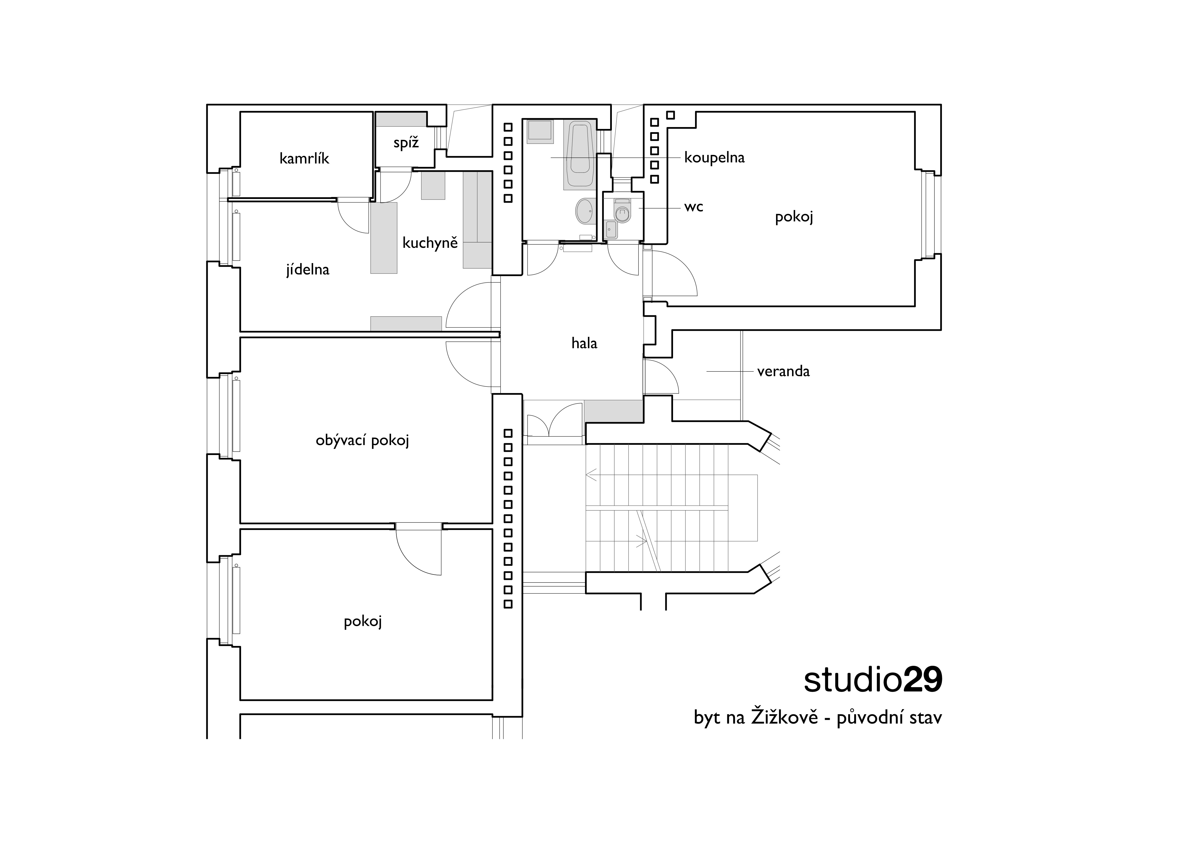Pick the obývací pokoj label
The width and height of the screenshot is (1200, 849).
tap(362, 440)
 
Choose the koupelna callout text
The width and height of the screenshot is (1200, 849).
tap(714, 158)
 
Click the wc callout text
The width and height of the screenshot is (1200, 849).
tap(694, 207)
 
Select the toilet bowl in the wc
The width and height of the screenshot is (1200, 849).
tap(622, 211)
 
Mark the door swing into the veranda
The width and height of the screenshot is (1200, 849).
tap(661, 376)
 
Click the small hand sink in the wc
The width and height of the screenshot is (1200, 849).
tap(610, 229)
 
